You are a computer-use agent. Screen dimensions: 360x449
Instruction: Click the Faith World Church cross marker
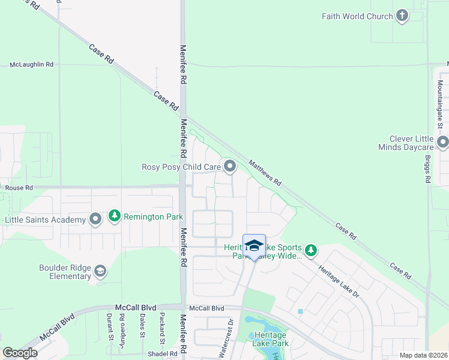pos(402,16)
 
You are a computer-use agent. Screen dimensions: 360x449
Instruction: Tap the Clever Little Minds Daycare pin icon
pos(443,142)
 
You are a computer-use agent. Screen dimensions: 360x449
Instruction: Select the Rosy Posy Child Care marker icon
pos(229,166)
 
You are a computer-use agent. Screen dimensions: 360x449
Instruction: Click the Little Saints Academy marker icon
pos(95,220)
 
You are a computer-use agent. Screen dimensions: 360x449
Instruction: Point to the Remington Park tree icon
pos(114,215)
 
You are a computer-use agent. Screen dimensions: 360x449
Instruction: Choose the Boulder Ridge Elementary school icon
pos(100,272)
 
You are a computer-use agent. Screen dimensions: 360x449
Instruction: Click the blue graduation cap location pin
pos(254,246)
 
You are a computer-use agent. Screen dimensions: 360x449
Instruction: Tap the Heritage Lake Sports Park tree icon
pos(310,250)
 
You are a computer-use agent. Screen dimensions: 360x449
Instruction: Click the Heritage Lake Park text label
pos(271,339)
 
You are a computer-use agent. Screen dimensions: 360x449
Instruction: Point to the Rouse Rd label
pos(19,188)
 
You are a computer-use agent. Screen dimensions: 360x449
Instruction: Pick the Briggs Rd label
pos(427,171)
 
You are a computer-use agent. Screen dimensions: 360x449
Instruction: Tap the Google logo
pos(19,353)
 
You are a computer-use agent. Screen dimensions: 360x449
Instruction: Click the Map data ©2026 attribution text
pos(423,355)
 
